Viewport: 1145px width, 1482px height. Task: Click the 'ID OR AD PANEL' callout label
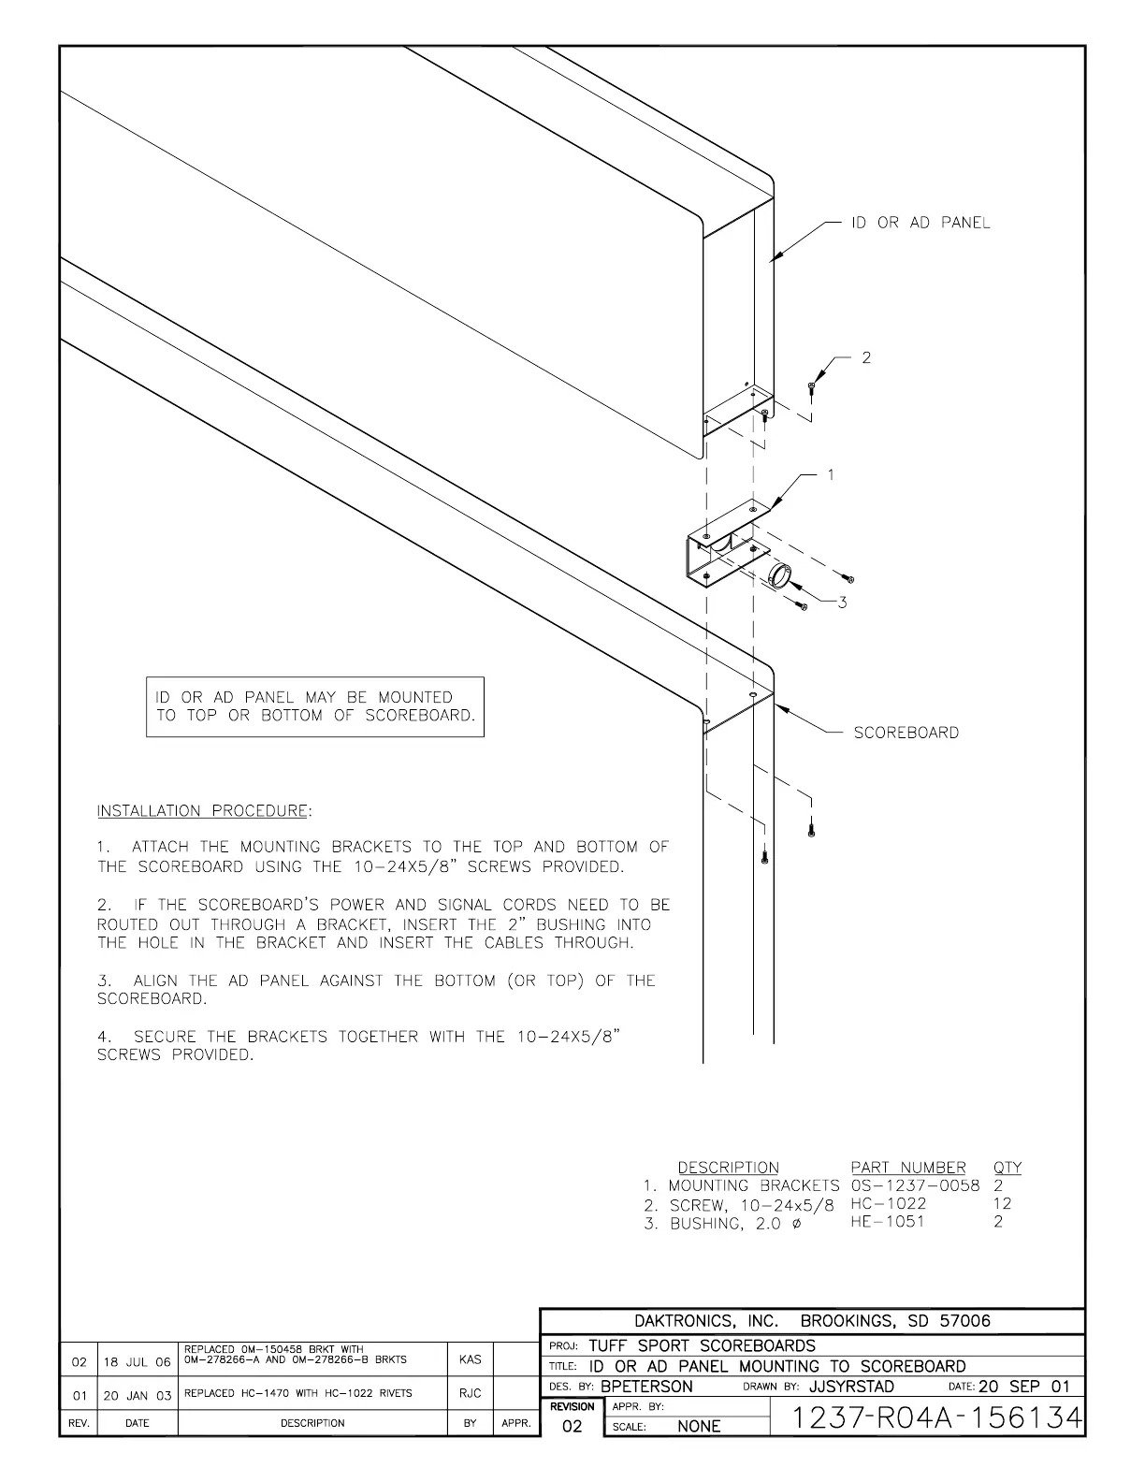pos(920,223)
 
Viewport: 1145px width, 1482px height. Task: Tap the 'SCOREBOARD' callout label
pos(906,733)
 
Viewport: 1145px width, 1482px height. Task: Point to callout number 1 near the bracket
pos(831,475)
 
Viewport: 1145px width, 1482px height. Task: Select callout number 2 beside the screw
pos(866,357)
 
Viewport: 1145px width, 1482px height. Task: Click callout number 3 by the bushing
pos(842,603)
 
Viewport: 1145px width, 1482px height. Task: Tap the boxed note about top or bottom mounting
pos(315,706)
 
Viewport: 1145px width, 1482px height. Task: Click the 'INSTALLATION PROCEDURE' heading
pos(204,810)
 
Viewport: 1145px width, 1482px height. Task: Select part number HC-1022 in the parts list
pos(889,1204)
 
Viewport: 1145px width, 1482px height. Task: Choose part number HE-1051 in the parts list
pos(887,1222)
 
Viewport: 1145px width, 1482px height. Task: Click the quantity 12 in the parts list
pos(1002,1204)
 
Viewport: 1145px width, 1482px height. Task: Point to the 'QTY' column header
pos(1007,1168)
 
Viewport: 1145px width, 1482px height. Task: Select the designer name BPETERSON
pos(646,1387)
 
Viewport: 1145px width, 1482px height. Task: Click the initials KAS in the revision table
pos(471,1360)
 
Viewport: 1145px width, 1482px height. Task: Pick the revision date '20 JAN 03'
pos(138,1395)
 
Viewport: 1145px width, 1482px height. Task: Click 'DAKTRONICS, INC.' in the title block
pos(706,1321)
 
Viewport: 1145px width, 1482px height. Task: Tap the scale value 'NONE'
pos(699,1427)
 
